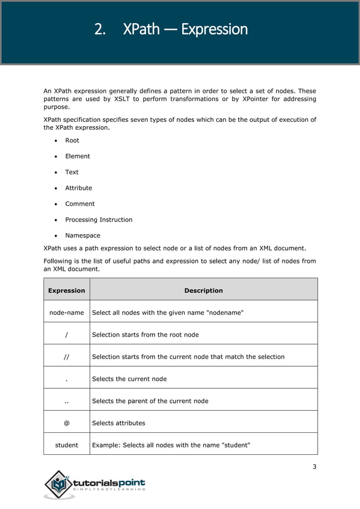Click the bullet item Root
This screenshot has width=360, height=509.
pyautogui.click(x=72, y=141)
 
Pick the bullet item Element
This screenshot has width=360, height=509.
pyautogui.click(x=77, y=156)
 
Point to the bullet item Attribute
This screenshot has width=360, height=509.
pyautogui.click(x=78, y=188)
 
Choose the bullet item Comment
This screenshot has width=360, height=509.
pyautogui.click(x=80, y=204)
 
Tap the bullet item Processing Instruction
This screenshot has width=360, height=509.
pyautogui.click(x=99, y=220)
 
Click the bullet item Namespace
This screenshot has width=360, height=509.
pyautogui.click(x=82, y=235)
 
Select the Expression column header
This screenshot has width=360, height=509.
pyautogui.click(x=67, y=291)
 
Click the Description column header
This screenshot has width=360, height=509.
pyautogui.click(x=203, y=291)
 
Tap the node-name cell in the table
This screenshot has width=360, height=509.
pyautogui.click(x=67, y=313)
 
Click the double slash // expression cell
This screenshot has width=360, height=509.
pyautogui.click(x=67, y=357)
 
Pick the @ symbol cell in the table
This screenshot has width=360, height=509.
pyautogui.click(x=67, y=423)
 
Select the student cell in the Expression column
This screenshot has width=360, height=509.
pyautogui.click(x=67, y=445)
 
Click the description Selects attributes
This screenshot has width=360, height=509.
pyautogui.click(x=118, y=423)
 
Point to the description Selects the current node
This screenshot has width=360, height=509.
pyautogui.click(x=129, y=379)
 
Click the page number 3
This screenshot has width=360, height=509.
pyautogui.click(x=314, y=466)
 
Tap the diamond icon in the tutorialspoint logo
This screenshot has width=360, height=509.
pyautogui.click(x=59, y=484)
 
